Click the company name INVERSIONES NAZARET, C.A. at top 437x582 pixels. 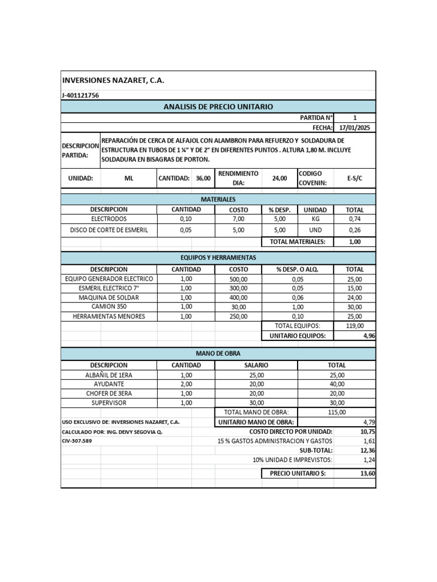tap(113, 81)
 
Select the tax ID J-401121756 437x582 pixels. tap(80, 95)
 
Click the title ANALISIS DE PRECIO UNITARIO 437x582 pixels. tap(218, 107)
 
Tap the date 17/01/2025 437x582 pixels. tap(354, 128)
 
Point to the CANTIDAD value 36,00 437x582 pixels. tap(203, 178)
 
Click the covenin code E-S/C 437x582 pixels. tap(354, 178)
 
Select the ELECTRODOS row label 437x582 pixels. tap(109, 219)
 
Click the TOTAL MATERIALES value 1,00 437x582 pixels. tap(354, 242)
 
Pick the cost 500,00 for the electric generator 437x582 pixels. tap(238, 279)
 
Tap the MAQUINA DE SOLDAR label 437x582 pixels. tap(109, 297)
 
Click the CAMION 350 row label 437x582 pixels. tap(109, 306)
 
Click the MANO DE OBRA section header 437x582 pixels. tap(218, 354)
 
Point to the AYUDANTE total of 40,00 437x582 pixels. tap(337, 384)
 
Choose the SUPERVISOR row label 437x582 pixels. tap(109, 402)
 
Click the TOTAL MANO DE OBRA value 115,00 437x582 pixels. tap(337, 412)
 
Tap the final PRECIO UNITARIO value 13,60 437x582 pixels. tap(368, 473)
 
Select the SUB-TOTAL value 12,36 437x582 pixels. tap(368, 450)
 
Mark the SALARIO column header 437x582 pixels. tap(256, 365)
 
